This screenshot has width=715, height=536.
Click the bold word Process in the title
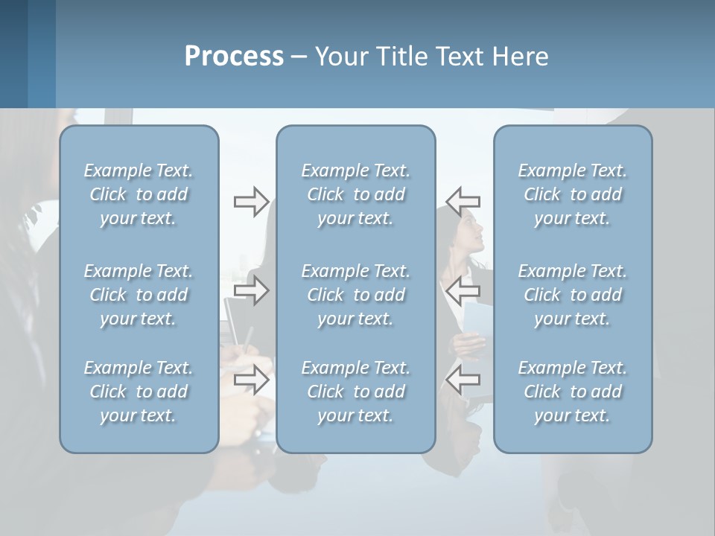(x=234, y=57)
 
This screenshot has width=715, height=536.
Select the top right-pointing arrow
(x=251, y=201)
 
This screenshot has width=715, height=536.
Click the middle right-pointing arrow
(x=251, y=290)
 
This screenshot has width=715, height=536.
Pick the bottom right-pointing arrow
(x=251, y=380)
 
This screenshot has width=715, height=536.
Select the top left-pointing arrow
(x=463, y=201)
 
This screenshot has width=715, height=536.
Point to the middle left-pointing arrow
(x=463, y=290)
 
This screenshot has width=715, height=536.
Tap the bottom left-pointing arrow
(x=463, y=380)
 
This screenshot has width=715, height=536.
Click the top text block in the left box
(x=139, y=194)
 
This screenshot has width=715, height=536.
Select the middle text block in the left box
(x=139, y=295)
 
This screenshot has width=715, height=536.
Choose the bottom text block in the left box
(x=139, y=392)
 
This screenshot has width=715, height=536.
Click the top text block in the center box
(x=355, y=194)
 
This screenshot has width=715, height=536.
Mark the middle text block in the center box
(x=355, y=295)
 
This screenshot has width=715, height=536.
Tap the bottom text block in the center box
(x=355, y=392)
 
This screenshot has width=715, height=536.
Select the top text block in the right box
(x=572, y=194)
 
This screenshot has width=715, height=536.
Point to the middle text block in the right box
(x=572, y=295)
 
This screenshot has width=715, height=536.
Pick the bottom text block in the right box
(x=572, y=392)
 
